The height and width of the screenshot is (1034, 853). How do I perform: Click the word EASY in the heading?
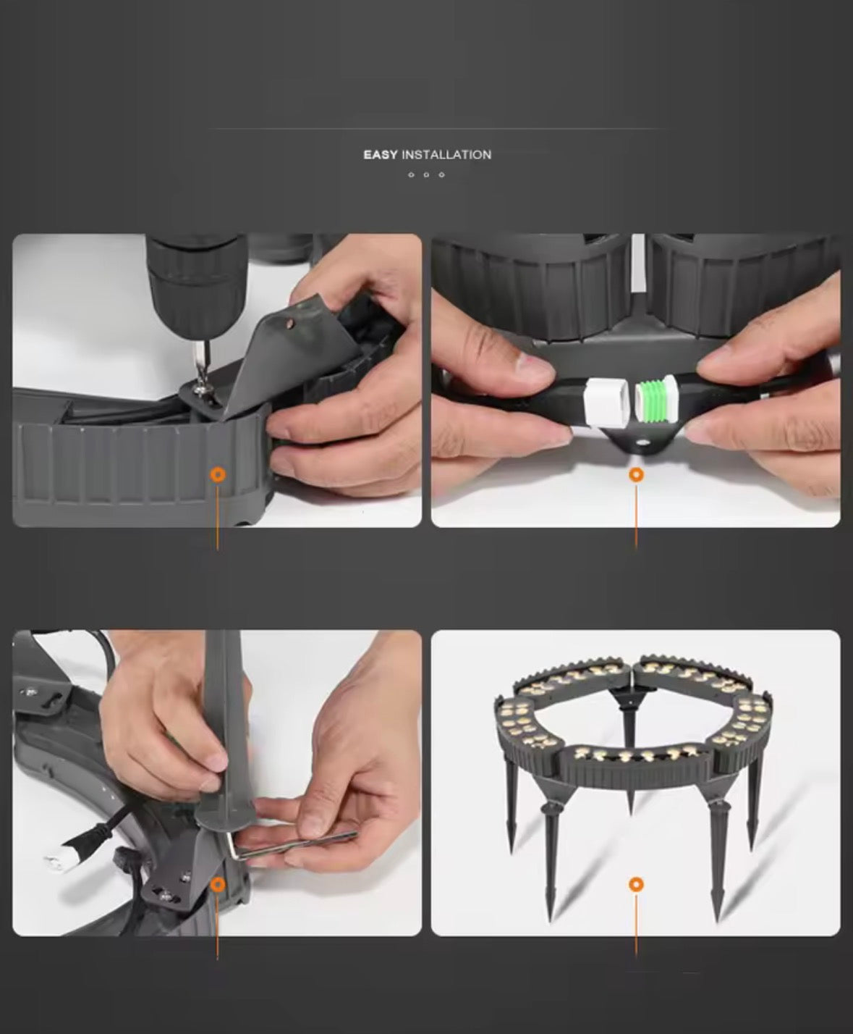(380, 155)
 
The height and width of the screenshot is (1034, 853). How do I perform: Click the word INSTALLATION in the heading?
(446, 155)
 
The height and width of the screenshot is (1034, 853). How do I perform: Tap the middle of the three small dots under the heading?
(426, 175)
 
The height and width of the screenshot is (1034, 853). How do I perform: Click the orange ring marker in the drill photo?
(218, 474)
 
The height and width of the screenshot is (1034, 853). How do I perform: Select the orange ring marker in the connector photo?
(636, 475)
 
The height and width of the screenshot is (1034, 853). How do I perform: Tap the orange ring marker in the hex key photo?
(218, 884)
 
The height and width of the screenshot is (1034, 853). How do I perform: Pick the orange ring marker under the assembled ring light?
(636, 884)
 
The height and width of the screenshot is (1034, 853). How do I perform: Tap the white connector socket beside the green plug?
(606, 401)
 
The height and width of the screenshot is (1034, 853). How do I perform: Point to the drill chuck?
(198, 282)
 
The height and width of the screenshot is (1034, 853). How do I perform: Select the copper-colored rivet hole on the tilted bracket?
(289, 324)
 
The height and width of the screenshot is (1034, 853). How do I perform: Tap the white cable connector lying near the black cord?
(62, 862)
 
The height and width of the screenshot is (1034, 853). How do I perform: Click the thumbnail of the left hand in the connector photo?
(535, 367)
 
